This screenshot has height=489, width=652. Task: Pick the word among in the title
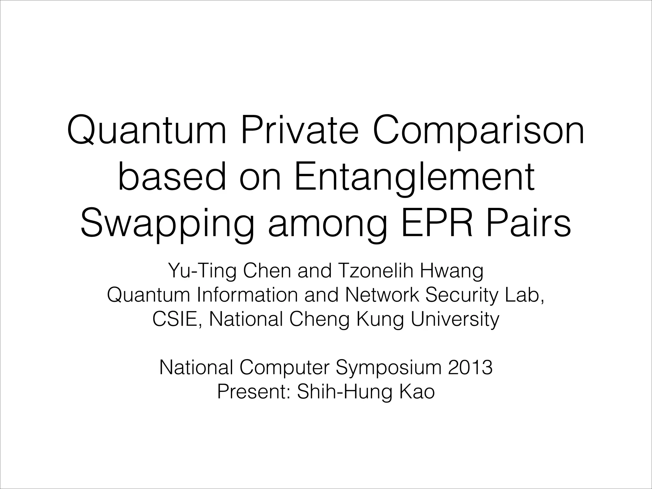point(328,225)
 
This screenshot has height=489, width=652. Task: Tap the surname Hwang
point(452,272)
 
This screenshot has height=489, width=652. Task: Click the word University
point(455,320)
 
